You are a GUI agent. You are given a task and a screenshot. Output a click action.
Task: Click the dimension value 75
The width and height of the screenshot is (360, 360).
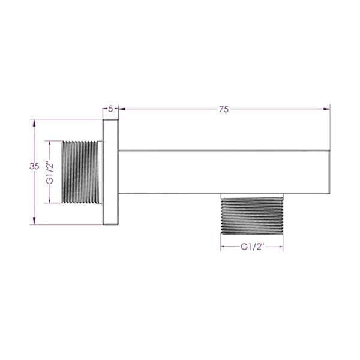(x=224, y=109)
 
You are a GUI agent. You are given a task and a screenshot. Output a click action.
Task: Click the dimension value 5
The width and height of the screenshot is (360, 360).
(x=110, y=109)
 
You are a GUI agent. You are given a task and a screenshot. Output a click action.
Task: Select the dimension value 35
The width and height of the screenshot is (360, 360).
(x=34, y=166)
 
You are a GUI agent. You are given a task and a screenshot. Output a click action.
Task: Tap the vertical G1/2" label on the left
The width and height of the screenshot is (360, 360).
(x=50, y=173)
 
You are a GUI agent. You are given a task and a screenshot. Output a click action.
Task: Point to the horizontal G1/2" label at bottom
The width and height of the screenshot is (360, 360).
(x=251, y=247)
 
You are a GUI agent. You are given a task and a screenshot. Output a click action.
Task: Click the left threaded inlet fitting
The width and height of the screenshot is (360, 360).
(x=80, y=172)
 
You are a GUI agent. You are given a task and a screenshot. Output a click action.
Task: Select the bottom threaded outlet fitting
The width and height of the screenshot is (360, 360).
(x=252, y=215)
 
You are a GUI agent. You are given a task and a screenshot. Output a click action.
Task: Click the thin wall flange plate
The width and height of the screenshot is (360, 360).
(x=110, y=172)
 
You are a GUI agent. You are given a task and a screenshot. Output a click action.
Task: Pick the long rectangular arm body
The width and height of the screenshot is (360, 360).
(x=224, y=172)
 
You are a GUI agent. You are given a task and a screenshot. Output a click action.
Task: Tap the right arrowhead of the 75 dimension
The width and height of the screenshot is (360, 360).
(x=327, y=109)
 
